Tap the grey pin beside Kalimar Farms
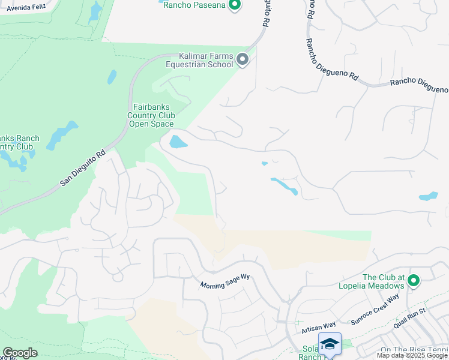pos(243,59)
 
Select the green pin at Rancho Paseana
pos(235,5)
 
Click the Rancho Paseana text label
pos(194,5)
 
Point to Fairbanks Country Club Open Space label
pos(151,116)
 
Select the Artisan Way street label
pos(318,326)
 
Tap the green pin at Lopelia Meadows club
pos(414,280)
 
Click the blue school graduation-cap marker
pos(329,344)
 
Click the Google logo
pos(20,353)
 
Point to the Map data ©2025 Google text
pos(412,355)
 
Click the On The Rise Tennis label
pos(414,350)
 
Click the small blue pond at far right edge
pos(429,196)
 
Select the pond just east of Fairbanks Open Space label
pos(178,142)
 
